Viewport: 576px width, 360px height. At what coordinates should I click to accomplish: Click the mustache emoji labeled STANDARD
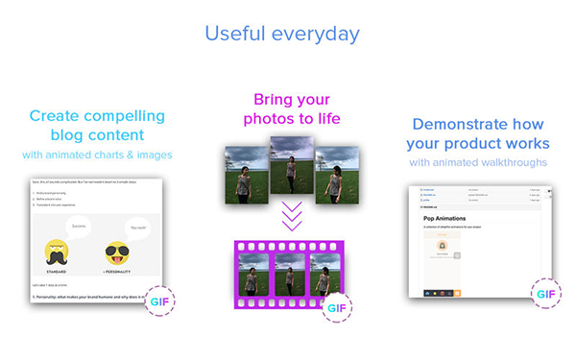[60, 255]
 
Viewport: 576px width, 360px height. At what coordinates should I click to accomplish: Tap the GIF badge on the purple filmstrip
[335, 309]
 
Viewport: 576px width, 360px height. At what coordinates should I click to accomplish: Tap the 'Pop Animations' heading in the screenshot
[452, 218]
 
